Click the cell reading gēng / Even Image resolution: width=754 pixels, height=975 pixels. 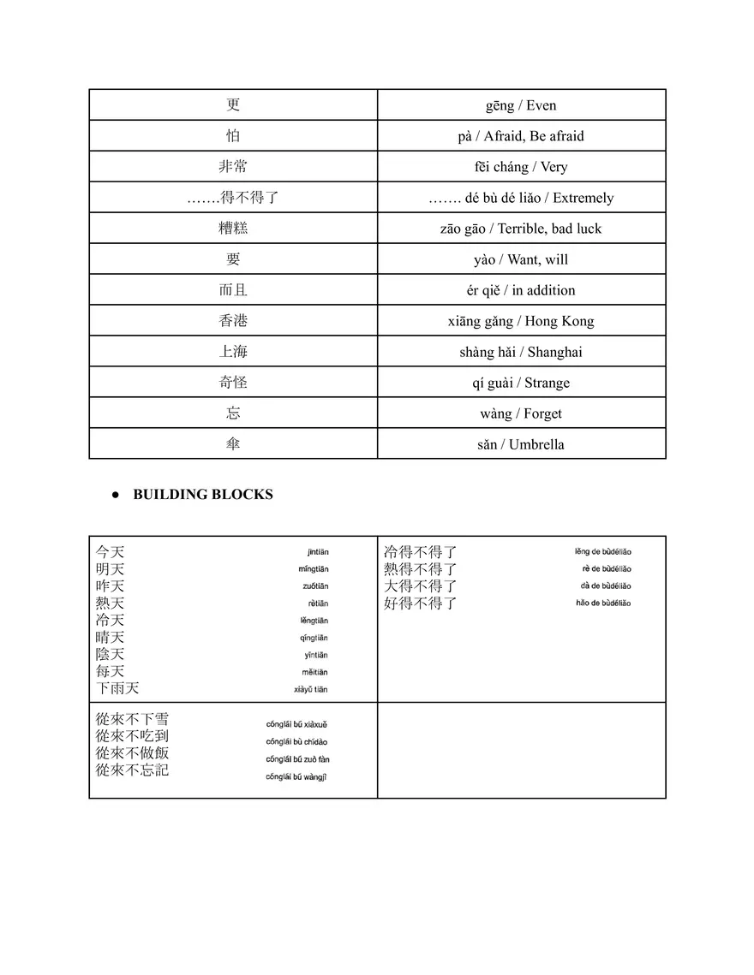coord(521,105)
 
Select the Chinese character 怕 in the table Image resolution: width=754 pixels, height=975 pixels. coord(233,136)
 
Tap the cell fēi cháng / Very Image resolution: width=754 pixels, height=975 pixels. coord(521,167)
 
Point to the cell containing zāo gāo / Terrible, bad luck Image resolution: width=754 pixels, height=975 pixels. coord(521,229)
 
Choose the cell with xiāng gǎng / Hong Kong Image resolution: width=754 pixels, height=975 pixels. coord(521,321)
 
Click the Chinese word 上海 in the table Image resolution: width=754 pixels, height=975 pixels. coord(233,352)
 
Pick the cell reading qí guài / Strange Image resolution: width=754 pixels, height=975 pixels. coord(521,383)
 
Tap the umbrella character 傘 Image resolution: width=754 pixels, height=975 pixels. coord(233,444)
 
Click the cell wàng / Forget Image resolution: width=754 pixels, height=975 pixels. coord(521,413)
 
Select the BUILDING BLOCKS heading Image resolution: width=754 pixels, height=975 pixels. coord(203,494)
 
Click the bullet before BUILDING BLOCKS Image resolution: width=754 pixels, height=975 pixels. coord(114,495)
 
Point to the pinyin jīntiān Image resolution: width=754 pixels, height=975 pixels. coord(317,552)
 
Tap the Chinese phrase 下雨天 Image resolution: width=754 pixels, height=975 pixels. coord(117,688)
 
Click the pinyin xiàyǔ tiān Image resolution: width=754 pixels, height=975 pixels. coord(310,689)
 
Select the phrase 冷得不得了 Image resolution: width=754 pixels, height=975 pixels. coord(420,552)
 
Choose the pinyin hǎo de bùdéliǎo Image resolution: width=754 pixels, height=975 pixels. coord(603,603)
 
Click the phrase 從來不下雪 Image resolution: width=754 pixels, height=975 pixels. coord(132,719)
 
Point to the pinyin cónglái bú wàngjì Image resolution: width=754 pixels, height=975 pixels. coord(296,776)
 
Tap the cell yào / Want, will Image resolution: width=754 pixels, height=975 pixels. coord(521,259)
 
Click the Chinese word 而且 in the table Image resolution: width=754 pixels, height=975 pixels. coord(233,290)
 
